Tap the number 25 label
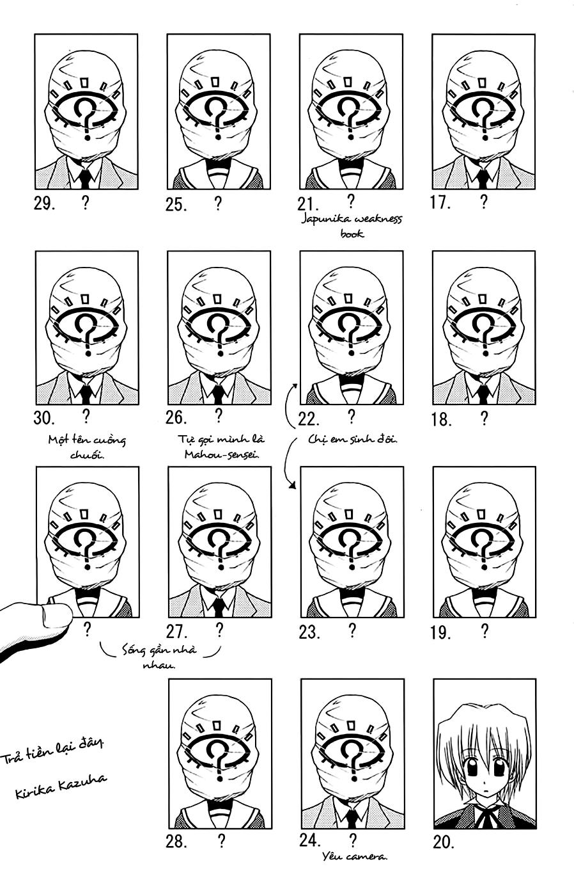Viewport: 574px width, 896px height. (x=176, y=205)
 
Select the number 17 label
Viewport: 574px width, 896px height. (x=441, y=203)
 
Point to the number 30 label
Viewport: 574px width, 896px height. (x=45, y=419)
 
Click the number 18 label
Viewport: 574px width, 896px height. (x=441, y=420)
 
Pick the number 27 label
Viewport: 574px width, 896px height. (x=176, y=632)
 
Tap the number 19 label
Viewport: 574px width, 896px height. (x=441, y=633)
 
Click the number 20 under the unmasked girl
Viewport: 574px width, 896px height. (x=444, y=842)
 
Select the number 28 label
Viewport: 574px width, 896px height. (x=176, y=842)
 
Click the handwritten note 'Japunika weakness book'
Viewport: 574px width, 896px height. (x=352, y=227)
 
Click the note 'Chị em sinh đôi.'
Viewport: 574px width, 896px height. (x=353, y=440)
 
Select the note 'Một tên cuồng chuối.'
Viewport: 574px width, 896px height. (x=87, y=447)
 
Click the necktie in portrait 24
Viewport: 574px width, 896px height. (x=352, y=817)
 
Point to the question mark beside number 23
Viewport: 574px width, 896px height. (x=352, y=630)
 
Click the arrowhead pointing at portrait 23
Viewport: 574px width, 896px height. (x=293, y=486)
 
